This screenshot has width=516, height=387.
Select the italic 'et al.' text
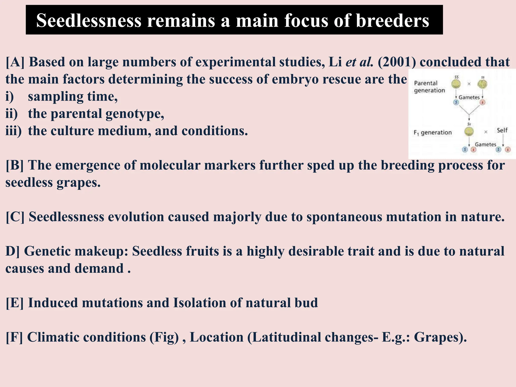(x=359, y=62)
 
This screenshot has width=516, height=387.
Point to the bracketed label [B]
(x=15, y=166)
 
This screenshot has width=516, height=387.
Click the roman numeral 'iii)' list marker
(x=13, y=131)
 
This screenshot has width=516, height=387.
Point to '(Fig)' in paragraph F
(x=164, y=337)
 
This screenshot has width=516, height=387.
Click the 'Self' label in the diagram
(x=502, y=130)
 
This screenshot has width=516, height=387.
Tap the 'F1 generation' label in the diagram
(x=433, y=133)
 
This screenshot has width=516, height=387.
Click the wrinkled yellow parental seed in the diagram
(x=482, y=84)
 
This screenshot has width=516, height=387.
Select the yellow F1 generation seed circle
(x=469, y=131)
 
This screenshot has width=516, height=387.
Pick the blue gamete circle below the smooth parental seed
(x=456, y=102)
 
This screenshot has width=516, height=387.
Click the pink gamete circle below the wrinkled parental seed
(x=482, y=102)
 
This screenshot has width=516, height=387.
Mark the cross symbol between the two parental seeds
(x=469, y=84)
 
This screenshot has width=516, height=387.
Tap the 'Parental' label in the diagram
(x=426, y=83)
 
